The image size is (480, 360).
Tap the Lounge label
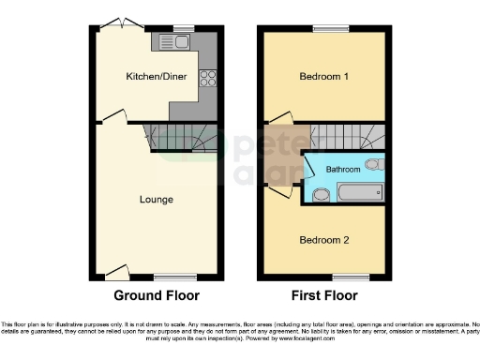point(156,199)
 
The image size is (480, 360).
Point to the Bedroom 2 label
point(324,240)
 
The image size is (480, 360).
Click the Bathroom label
point(343,169)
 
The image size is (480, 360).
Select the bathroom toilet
point(373,165)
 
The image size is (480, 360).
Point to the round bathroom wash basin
point(322,195)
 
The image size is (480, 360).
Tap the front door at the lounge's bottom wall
point(118,273)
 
